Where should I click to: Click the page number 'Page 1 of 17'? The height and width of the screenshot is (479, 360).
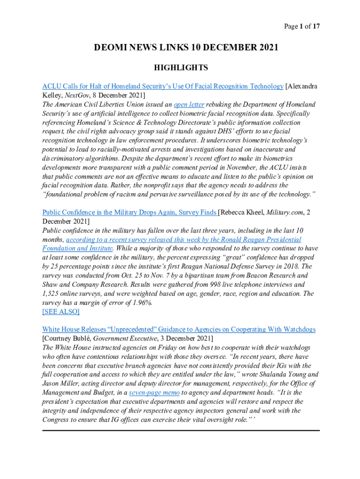[302, 27]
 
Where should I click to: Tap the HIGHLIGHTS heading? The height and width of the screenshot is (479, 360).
[181, 68]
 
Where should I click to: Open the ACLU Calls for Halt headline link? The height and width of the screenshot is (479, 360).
[163, 86]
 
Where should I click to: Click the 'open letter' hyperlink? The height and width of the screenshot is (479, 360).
[189, 104]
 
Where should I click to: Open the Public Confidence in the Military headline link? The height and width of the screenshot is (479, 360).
[129, 212]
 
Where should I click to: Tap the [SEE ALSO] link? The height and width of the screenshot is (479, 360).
[61, 312]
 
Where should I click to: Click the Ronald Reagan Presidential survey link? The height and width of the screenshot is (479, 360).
[184, 239]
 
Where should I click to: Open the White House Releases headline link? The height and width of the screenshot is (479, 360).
[179, 329]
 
